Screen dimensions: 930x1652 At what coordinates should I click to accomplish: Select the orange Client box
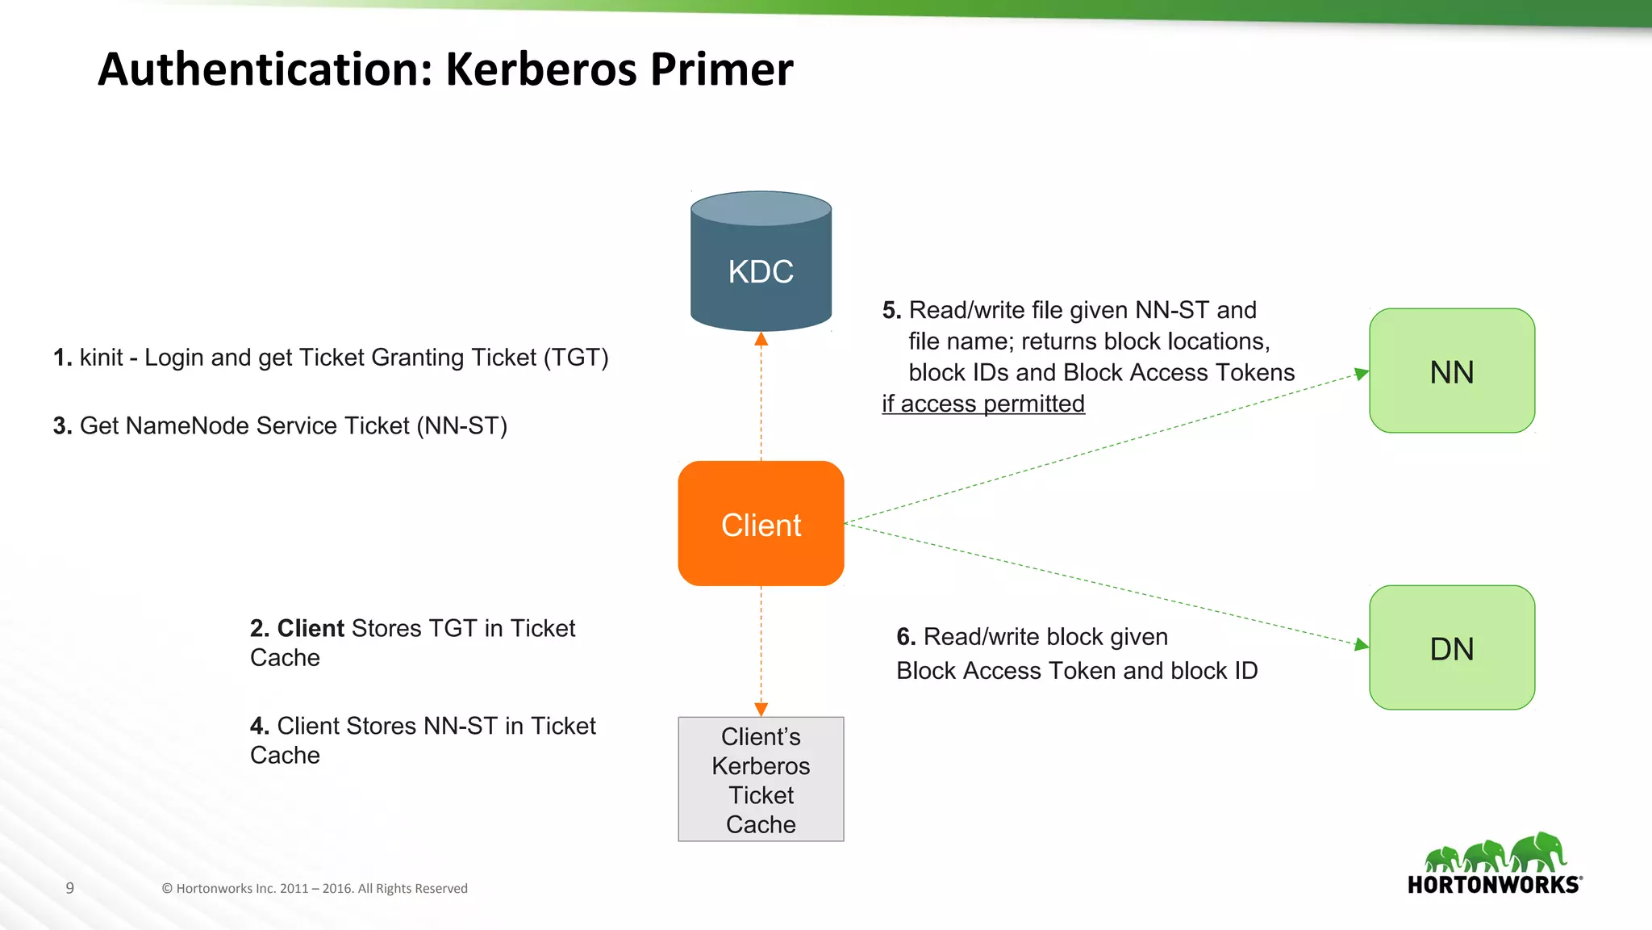[x=761, y=524]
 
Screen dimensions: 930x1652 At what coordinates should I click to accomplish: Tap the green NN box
[x=1451, y=371]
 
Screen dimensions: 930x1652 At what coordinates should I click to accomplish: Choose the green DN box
[x=1451, y=648]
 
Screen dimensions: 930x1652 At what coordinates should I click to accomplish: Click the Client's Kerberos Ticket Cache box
[x=761, y=780]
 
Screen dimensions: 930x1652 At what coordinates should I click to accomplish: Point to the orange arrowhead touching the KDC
[x=761, y=340]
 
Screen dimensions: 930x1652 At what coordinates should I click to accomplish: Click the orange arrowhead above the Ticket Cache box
[x=761, y=709]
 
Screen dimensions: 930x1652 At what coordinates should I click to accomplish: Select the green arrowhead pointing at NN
[x=1361, y=374]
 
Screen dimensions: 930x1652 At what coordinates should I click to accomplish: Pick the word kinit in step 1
[x=101, y=358]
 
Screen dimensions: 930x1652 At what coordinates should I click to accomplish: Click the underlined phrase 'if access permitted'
[x=982, y=404]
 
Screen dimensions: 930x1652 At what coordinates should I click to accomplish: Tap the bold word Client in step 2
[x=311, y=628]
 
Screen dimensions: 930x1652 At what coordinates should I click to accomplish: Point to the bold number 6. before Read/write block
[x=906, y=637]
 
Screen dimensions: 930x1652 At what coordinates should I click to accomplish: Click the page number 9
[x=70, y=888]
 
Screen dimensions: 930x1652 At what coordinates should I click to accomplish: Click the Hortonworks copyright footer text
[x=315, y=888]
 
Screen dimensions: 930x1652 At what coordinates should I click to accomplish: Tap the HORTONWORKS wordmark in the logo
[x=1494, y=885]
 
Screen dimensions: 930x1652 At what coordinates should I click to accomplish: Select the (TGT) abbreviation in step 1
[x=575, y=358]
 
